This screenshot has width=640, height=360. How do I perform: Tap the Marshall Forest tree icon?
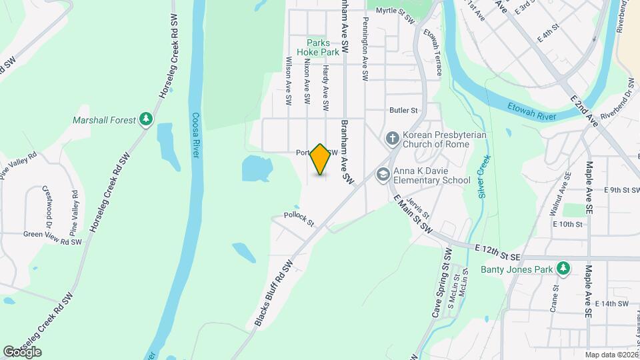146,119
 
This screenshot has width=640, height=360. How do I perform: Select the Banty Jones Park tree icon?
564,269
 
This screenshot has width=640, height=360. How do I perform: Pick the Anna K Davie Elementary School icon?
383,175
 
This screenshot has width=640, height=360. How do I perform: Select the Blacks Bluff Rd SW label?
274,293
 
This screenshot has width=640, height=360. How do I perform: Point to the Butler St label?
403,110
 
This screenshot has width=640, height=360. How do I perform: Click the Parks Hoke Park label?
318,47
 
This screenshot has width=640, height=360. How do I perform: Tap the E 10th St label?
567,224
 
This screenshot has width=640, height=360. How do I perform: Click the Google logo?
22,351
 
